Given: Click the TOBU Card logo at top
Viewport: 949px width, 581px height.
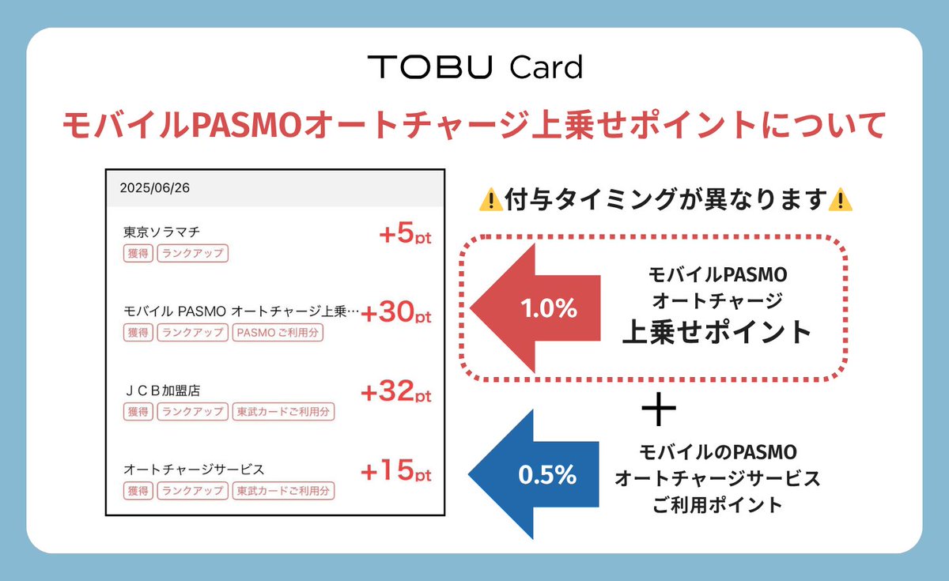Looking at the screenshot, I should tap(475, 68).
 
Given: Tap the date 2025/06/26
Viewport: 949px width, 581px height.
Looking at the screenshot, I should tap(155, 189).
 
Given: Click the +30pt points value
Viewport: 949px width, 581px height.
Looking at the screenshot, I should tap(396, 314).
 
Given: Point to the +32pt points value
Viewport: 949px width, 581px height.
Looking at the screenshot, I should tap(396, 392).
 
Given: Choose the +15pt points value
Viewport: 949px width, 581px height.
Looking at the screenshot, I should tap(396, 472).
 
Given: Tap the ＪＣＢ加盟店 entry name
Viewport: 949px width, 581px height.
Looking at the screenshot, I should tap(163, 390).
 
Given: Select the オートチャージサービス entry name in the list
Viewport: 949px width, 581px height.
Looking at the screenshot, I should tap(194, 470).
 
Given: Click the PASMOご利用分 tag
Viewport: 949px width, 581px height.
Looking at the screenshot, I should tap(278, 333).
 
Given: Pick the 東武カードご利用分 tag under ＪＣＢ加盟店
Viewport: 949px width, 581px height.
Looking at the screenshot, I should tap(283, 412).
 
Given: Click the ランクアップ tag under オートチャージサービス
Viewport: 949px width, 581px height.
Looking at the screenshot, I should tap(192, 491).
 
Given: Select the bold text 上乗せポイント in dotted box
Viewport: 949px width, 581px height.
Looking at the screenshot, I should tap(716, 332).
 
